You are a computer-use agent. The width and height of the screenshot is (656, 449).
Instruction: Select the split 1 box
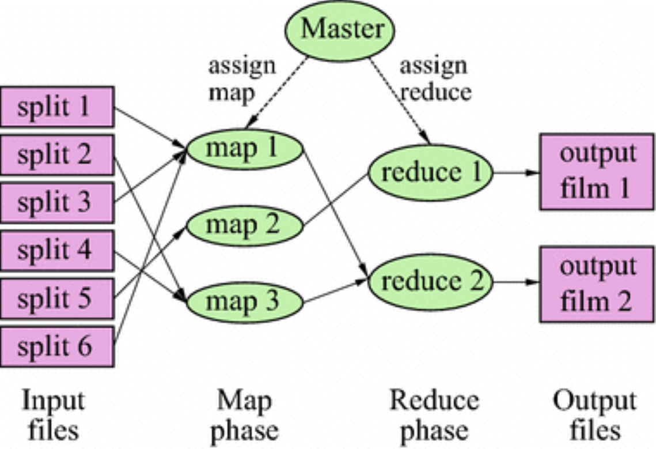pos(57,107)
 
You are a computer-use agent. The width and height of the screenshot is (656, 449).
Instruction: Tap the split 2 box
pos(57,155)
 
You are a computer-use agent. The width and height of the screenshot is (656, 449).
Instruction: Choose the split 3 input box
pos(57,203)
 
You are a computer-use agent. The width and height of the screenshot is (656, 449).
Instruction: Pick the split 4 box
pos(57,251)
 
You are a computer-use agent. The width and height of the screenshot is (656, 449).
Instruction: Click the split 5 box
pos(57,299)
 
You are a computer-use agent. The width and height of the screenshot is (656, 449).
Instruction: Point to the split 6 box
pos(57,346)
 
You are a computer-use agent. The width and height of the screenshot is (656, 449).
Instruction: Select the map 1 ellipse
pos(245,149)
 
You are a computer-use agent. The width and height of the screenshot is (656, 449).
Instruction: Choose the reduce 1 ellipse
pos(430,172)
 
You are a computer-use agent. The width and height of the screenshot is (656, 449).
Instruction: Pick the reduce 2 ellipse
pos(430,282)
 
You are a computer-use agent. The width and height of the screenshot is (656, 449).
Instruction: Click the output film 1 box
pos(597,172)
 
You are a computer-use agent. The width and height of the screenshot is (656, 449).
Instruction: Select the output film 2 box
pos(597,284)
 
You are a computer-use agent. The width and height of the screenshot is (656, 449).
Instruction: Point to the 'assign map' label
pos(241,79)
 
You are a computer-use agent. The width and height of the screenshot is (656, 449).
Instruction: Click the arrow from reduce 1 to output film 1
pos(515,172)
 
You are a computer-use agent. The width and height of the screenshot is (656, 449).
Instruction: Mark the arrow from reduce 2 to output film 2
pos(515,282)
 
